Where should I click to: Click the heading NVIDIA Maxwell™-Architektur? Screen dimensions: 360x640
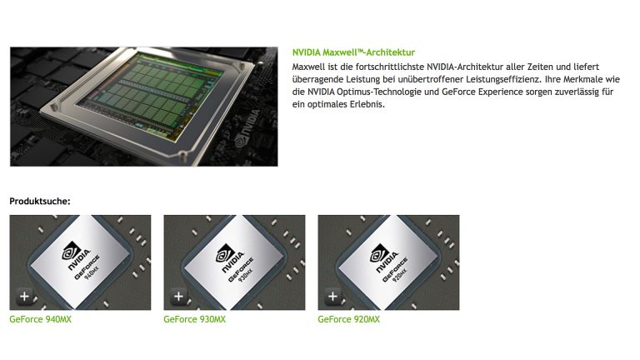[x=353, y=52]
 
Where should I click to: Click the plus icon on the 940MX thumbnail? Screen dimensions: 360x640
[x=24, y=296]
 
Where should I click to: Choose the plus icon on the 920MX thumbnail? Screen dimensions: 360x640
[x=332, y=296]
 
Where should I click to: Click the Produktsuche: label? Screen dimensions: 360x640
[x=40, y=201]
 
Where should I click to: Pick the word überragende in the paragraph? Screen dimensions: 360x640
[x=317, y=78]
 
